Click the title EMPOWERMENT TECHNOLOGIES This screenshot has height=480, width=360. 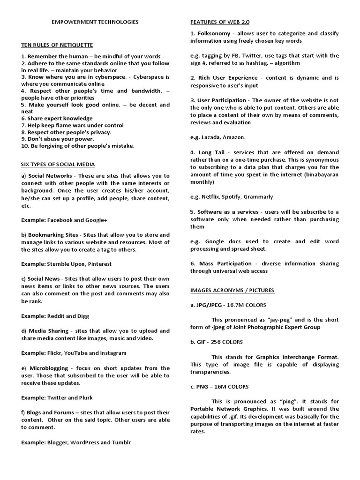click(95, 22)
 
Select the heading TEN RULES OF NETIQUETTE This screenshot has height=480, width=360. click(57, 45)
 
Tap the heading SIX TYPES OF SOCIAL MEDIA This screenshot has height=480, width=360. click(58, 164)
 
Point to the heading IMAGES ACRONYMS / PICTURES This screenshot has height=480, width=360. click(232, 290)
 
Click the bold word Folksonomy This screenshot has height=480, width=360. click(214, 34)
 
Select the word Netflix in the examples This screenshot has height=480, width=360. click(210, 197)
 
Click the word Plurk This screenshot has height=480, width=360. click(84, 397)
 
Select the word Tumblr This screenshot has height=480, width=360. click(121, 442)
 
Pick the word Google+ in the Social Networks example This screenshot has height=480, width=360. click(97, 219)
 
